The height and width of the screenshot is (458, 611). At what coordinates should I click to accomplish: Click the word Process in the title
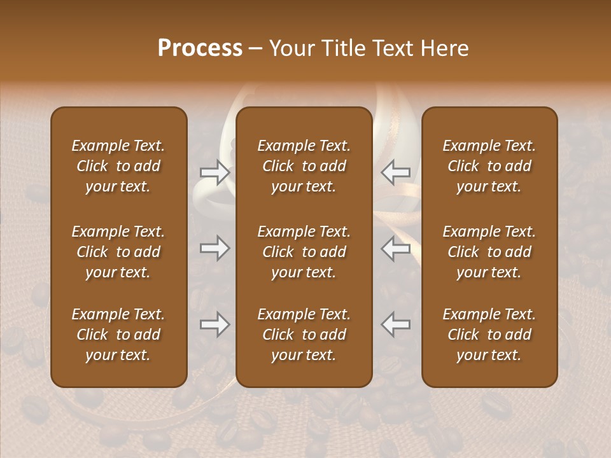point(200,48)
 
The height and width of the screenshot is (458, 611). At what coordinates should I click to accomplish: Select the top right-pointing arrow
point(214,172)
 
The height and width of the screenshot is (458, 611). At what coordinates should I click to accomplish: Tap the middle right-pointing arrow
point(214,248)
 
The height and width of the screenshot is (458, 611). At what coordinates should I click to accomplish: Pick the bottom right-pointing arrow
point(214,325)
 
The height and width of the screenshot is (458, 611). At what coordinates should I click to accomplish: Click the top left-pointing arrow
point(396,172)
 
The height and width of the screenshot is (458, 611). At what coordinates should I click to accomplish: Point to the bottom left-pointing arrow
point(396,325)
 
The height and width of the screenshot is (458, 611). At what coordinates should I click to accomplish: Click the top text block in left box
point(118,166)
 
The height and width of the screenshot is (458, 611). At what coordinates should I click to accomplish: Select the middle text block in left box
point(118,252)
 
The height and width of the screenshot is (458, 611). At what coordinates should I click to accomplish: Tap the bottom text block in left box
point(118,335)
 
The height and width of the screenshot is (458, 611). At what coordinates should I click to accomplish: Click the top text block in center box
point(304,166)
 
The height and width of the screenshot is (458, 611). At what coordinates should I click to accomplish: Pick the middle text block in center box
point(304,252)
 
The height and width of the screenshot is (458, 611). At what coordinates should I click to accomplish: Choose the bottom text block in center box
point(304,335)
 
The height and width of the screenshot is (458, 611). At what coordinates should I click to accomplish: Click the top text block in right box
point(489,166)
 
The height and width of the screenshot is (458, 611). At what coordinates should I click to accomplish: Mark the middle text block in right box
point(489,252)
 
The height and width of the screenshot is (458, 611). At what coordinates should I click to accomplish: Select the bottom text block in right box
point(489,335)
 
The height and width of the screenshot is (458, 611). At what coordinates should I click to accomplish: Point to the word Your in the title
point(290,48)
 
